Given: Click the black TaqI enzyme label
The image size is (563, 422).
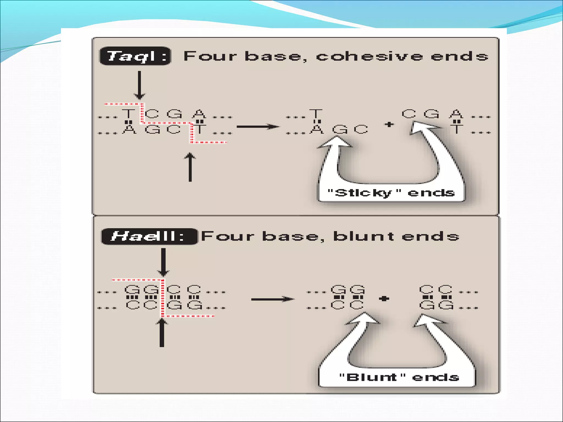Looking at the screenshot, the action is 135,56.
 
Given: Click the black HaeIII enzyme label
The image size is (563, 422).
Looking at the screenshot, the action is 149,236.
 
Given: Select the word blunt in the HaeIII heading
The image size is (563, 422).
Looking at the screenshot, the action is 364,236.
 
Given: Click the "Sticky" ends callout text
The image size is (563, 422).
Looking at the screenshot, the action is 391,193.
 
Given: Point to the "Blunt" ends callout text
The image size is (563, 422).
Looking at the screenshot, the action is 399,377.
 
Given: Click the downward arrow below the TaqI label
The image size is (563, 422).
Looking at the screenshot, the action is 139,85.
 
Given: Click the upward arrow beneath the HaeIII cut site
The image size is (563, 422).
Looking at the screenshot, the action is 162,333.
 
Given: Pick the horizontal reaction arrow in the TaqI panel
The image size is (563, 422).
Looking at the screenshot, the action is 258,127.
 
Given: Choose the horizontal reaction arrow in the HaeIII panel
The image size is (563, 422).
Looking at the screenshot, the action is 272,299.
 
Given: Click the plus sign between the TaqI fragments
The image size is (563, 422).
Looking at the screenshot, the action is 389,124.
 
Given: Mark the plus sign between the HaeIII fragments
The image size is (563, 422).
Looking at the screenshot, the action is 384,298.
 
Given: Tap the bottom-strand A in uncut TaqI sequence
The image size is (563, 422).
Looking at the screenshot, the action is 129,129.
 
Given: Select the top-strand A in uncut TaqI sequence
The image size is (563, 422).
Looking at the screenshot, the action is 199,113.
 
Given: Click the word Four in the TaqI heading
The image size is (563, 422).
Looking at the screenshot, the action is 210,56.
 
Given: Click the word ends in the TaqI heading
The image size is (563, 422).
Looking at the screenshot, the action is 459,56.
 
